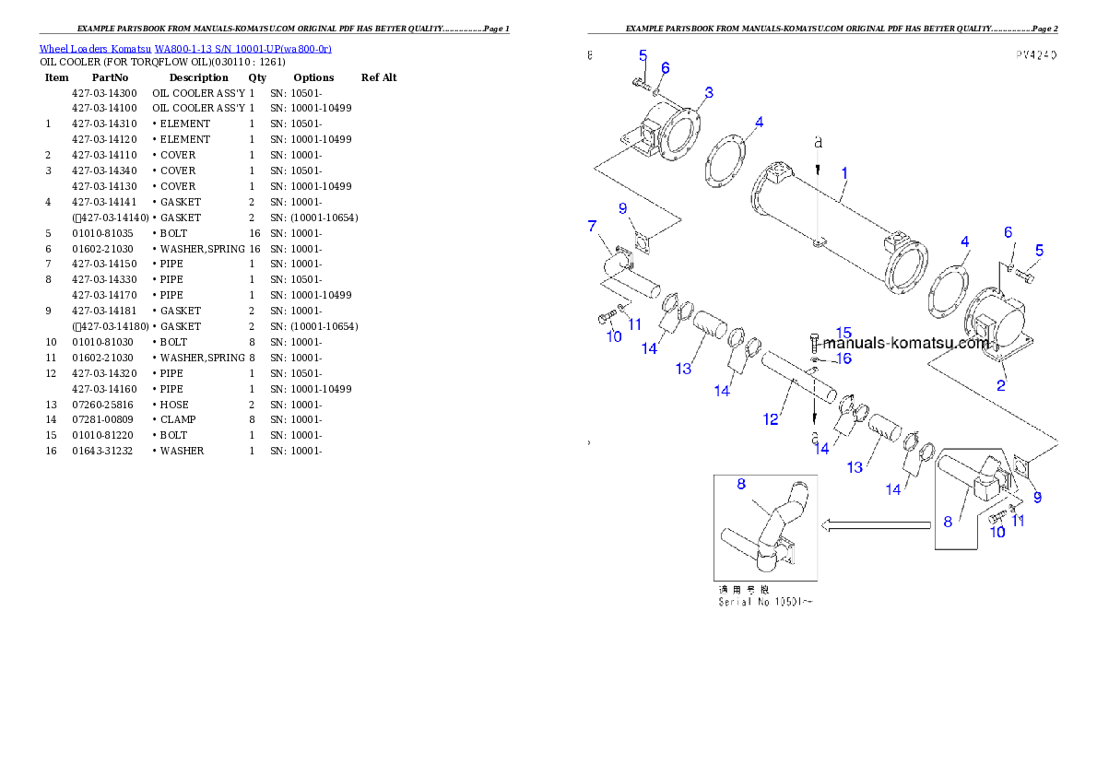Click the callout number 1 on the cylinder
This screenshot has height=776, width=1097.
click(x=843, y=172)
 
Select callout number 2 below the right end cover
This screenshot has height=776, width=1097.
click(x=1001, y=385)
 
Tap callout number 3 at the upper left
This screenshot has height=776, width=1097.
click(x=708, y=92)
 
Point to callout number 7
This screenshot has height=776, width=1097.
click(x=593, y=226)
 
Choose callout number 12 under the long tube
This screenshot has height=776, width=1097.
click(x=771, y=419)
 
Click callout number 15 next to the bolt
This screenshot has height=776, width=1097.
click(x=843, y=332)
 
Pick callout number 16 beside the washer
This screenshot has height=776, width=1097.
click(x=843, y=359)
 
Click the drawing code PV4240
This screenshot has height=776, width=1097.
click(x=1035, y=55)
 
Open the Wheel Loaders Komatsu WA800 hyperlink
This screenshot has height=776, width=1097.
click(x=185, y=49)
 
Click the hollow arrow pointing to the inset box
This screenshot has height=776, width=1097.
click(x=877, y=525)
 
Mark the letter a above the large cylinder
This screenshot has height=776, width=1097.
click(x=817, y=143)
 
